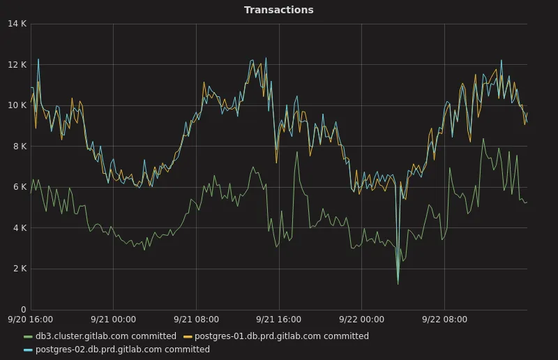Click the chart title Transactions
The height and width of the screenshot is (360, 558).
tap(278, 10)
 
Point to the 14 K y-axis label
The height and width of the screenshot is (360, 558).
tap(17, 24)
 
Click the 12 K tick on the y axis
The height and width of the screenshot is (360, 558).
tap(17, 65)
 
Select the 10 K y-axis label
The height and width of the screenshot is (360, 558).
tap(17, 105)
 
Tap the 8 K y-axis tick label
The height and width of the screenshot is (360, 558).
tap(19, 147)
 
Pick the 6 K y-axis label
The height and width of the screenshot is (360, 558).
tap(19, 187)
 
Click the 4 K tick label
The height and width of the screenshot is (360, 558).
tap(19, 228)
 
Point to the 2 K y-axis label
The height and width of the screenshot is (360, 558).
tap(19, 269)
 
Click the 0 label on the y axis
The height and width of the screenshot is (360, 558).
tap(23, 310)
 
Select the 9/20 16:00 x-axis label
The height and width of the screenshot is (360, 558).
tap(31, 320)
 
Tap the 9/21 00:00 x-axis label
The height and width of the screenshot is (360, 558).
tap(113, 320)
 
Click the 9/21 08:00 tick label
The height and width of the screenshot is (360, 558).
tap(196, 320)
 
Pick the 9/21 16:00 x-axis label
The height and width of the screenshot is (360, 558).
tap(278, 320)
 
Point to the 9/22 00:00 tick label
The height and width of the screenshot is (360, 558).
tap(361, 320)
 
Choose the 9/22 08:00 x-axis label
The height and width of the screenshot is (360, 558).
tap(444, 320)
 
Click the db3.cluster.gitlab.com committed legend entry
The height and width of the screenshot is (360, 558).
tap(105, 336)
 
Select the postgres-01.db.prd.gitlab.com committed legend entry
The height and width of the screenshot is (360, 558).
tap(281, 336)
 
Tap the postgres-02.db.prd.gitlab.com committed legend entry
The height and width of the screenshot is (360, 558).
tap(122, 350)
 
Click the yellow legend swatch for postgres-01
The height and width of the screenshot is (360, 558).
tap(188, 336)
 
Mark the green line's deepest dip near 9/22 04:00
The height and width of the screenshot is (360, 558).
tap(398, 283)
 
